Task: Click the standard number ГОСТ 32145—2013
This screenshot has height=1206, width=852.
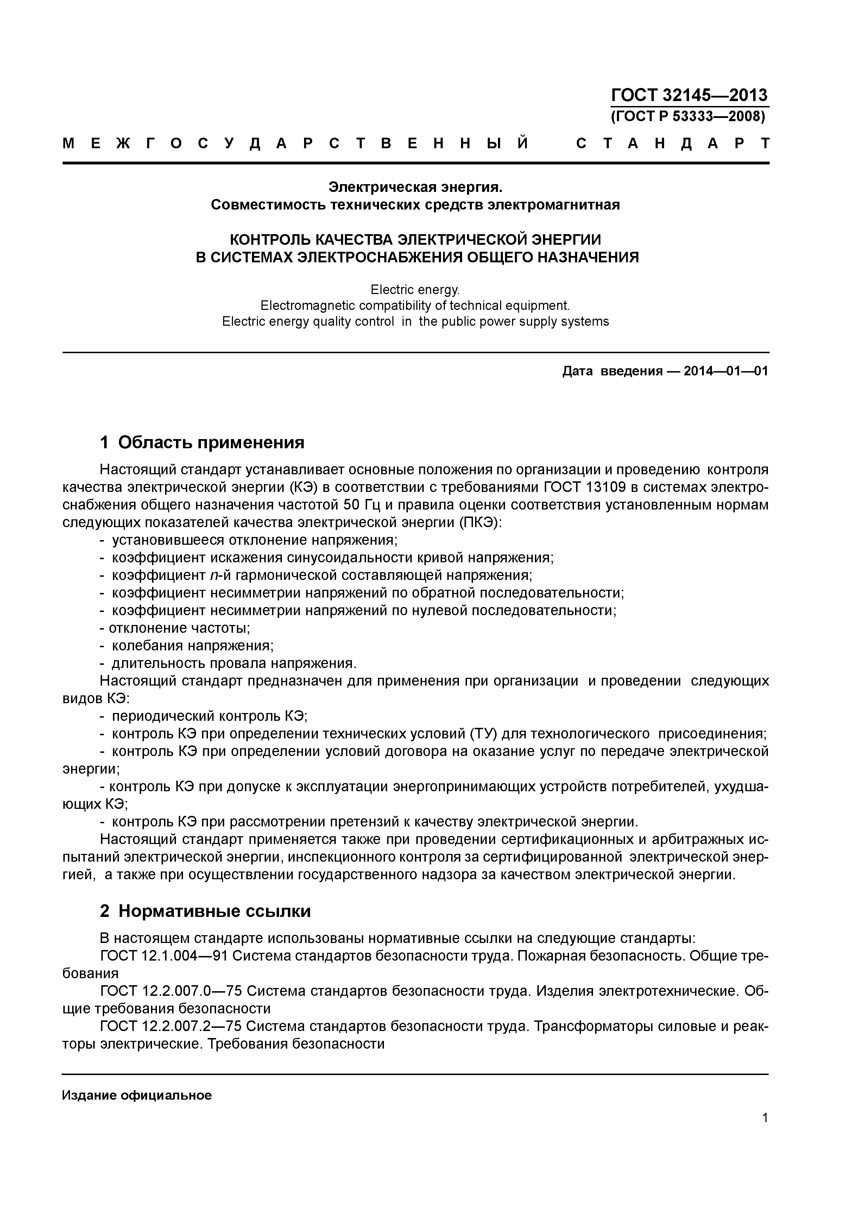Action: click(x=689, y=95)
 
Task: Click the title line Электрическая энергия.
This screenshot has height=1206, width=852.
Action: click(x=415, y=187)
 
